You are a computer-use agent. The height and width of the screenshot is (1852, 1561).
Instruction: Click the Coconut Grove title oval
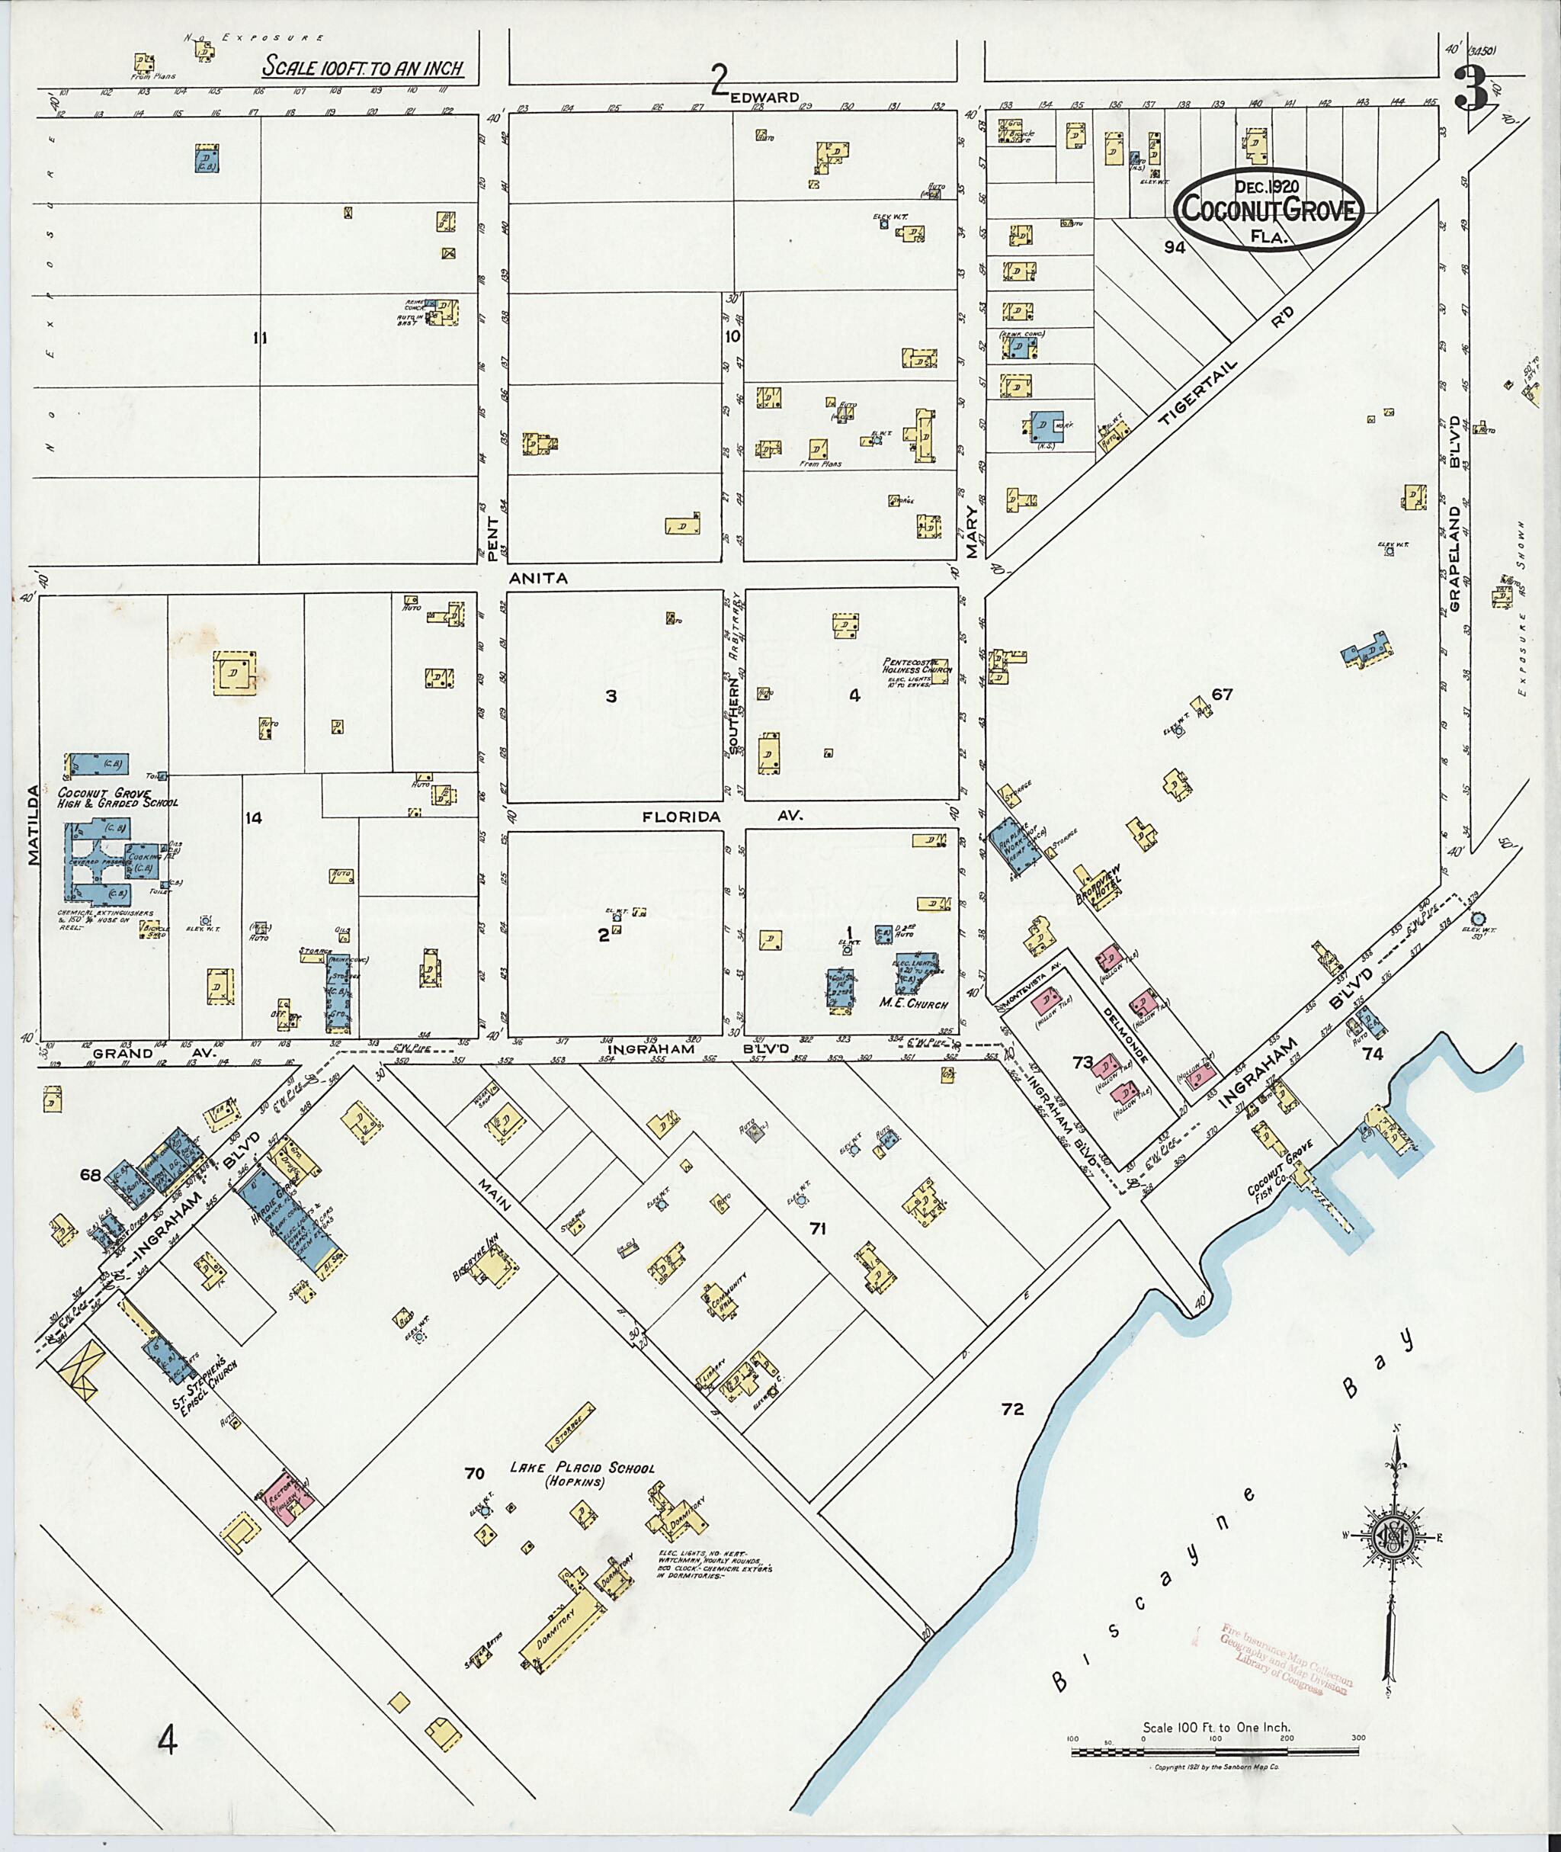click(1269, 210)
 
